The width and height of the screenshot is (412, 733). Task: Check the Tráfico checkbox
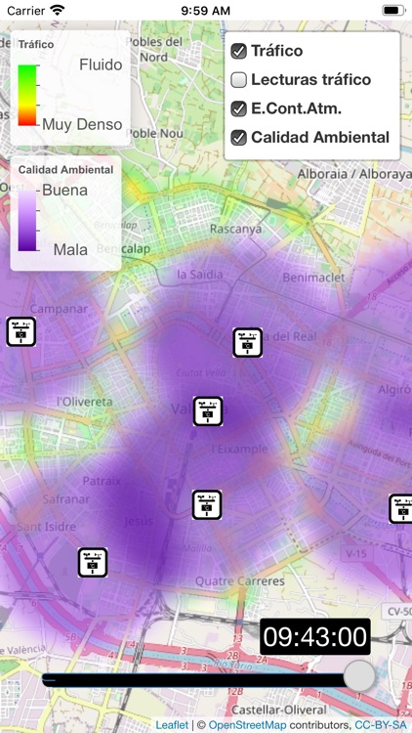[x=238, y=51]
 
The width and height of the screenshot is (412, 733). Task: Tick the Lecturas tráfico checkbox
[x=238, y=80]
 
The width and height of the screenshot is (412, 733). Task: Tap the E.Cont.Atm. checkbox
[x=238, y=108]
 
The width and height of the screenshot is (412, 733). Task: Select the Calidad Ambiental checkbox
[x=238, y=138]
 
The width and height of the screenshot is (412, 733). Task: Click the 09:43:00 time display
[x=314, y=638]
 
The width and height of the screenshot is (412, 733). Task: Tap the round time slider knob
[x=359, y=675]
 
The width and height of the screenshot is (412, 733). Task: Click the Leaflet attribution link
[x=172, y=725]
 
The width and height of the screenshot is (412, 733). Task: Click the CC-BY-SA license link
[x=380, y=725]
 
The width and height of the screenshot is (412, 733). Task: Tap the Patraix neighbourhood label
[x=102, y=481]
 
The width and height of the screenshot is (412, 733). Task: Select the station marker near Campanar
[x=21, y=331]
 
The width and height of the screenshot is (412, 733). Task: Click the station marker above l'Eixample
[x=208, y=411]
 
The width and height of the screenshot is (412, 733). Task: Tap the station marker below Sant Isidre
[x=93, y=562]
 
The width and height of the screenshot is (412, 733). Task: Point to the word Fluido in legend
[x=101, y=65]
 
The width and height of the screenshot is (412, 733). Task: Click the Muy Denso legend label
[x=82, y=124]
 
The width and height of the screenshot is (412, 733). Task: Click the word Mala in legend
[x=70, y=249]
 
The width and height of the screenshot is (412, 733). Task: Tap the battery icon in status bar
[x=392, y=10]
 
